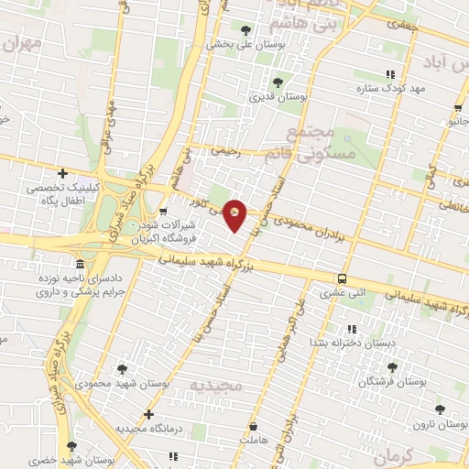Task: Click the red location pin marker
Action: point(235,214)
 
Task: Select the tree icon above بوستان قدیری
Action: point(278,82)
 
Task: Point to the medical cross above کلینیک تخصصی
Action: point(62,173)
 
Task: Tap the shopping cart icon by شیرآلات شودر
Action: point(163,213)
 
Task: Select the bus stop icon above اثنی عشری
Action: point(342,279)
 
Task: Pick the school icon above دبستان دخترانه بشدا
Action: point(351,329)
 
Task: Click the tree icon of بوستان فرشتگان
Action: point(392,366)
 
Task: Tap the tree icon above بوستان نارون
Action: point(441,409)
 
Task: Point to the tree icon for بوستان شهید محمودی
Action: point(122,369)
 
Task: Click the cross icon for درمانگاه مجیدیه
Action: point(148,414)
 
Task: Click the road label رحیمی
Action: point(225,152)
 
